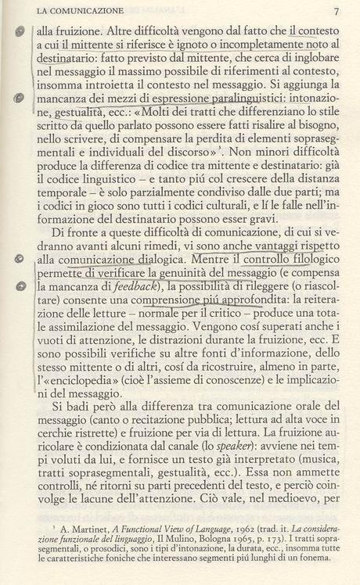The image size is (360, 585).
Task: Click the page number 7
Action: (x=336, y=12)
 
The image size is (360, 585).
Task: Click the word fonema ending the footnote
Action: (x=319, y=562)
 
